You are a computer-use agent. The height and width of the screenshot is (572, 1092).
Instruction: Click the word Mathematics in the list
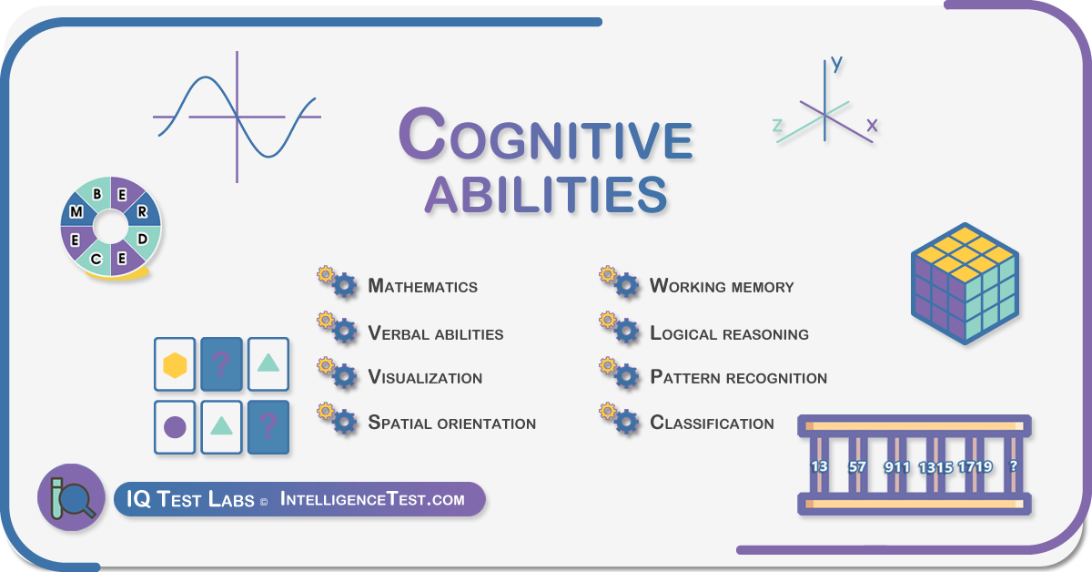[x=422, y=286]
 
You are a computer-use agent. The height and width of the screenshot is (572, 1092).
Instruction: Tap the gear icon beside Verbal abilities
[x=338, y=327]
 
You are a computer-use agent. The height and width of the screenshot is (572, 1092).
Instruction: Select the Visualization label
[x=425, y=377]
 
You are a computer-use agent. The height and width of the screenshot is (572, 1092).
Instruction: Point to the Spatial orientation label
[x=452, y=423]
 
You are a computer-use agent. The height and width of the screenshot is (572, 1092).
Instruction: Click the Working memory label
[x=722, y=286]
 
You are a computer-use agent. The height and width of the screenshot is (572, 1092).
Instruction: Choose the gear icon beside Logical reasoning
[x=620, y=327]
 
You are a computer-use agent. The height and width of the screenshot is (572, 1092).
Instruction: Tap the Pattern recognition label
[x=739, y=377]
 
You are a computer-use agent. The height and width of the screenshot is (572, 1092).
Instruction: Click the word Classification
[x=713, y=423]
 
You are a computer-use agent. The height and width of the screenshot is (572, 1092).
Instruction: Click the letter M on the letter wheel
[x=76, y=212]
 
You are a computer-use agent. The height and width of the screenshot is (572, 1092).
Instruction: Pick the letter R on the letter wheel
[x=142, y=212]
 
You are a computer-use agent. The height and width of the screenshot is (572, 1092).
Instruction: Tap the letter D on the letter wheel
[x=142, y=240]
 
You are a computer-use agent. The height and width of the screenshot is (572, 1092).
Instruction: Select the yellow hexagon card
[x=175, y=364]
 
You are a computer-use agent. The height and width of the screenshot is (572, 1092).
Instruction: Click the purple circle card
[x=175, y=427]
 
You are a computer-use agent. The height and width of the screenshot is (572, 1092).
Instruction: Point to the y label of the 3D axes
[x=836, y=65]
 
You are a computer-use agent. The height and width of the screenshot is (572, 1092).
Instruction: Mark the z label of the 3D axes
[x=778, y=126]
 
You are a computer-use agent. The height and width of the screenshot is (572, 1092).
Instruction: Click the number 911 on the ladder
[x=897, y=467]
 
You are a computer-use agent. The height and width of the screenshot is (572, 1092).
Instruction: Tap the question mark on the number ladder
[x=1014, y=466]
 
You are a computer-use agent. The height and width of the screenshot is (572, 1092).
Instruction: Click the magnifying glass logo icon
[x=71, y=497]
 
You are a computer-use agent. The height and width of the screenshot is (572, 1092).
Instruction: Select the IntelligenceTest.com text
[x=372, y=499]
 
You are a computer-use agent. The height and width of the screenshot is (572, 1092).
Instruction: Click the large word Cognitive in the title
[x=546, y=134]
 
